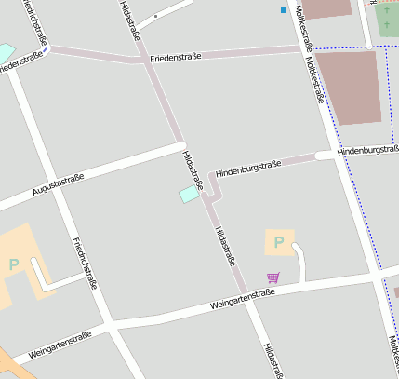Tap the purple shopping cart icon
[273, 277]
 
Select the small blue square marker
[284, 10]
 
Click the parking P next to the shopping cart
[278, 243]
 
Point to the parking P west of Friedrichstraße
[14, 264]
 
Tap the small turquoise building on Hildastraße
[189, 194]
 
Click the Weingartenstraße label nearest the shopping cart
[243, 298]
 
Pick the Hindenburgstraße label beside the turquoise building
[247, 169]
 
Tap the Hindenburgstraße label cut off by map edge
[368, 149]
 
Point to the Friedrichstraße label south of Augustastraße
[84, 263]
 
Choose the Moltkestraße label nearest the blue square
[301, 25]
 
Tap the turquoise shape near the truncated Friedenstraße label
[6, 50]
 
